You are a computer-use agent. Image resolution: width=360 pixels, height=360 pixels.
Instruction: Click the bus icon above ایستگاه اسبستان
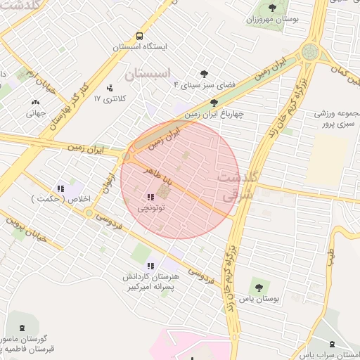139,35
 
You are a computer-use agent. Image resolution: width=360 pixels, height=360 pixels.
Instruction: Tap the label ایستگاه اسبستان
145,47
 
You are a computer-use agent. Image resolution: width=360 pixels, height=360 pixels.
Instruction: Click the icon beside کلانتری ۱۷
110,88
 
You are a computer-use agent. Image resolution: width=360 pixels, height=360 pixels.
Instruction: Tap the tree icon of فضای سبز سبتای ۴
205,74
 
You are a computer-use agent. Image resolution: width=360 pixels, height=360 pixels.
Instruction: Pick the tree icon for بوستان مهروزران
272,8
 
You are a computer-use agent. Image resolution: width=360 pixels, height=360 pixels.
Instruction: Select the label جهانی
36,112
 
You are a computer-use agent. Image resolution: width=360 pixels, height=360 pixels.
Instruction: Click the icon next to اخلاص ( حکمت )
61,188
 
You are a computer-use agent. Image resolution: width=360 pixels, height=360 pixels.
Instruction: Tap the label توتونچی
150,208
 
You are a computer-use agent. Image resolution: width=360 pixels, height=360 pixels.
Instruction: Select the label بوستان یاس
264,299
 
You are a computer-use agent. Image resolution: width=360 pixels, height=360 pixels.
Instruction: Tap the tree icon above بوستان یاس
259,287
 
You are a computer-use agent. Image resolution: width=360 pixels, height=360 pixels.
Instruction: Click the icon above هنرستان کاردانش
150,265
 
